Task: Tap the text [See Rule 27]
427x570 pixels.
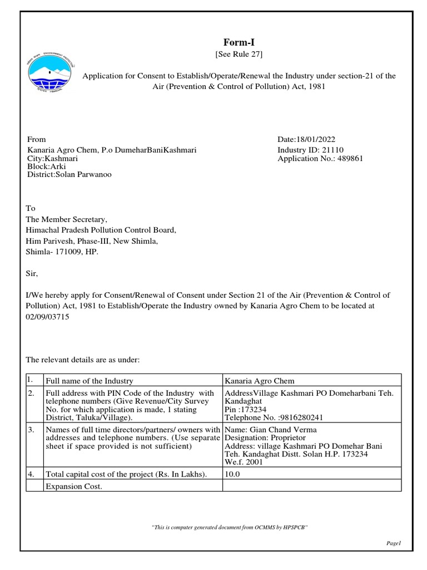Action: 239,54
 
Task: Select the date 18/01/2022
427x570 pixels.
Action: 317,139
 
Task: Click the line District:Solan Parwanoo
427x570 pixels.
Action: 69,174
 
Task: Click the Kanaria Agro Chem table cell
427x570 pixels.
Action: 259,381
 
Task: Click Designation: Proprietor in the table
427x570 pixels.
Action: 265,438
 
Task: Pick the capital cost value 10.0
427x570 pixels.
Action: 231,474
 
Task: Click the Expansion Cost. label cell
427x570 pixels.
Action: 74,486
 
